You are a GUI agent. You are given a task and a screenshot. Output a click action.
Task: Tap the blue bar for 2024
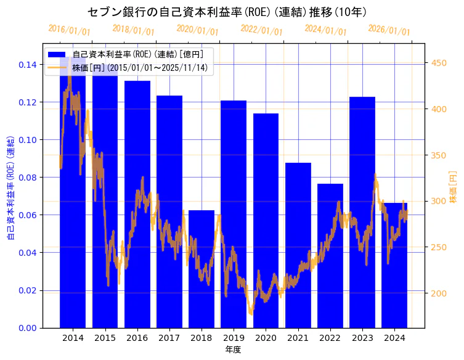click(394, 265)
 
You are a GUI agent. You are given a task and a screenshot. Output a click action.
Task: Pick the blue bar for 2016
click(137, 204)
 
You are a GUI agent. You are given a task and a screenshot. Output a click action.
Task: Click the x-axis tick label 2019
click(234, 338)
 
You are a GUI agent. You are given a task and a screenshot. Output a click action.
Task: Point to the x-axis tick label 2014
click(73, 338)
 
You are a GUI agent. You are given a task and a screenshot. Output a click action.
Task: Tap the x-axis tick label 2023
click(362, 338)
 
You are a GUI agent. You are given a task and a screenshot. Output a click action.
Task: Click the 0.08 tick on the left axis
click(28, 178)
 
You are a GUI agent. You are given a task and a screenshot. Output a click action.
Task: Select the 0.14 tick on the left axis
click(28, 65)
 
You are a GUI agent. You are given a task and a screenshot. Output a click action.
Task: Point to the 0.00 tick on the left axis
click(28, 328)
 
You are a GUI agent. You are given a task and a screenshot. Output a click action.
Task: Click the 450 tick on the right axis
click(439, 63)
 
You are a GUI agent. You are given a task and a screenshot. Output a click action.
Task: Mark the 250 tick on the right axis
click(439, 247)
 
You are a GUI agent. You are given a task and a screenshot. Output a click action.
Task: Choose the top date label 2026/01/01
click(389, 31)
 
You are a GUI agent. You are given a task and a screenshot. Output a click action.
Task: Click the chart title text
click(232, 12)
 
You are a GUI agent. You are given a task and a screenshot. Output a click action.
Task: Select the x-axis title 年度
click(233, 350)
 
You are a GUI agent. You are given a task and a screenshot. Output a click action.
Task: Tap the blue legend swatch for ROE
click(57, 54)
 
